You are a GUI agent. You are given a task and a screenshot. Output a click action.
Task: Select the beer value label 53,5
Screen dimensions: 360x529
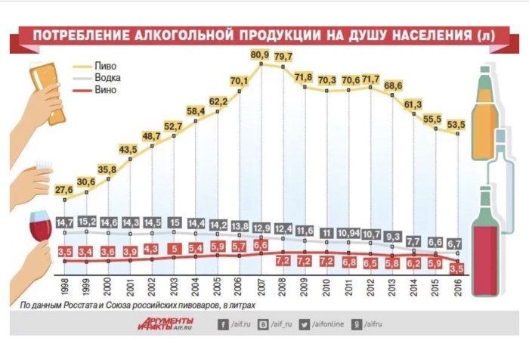tap(456, 124)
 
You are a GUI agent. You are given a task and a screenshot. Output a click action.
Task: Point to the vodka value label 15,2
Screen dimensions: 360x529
tap(87, 222)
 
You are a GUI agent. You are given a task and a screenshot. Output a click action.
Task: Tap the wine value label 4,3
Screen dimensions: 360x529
tap(152, 248)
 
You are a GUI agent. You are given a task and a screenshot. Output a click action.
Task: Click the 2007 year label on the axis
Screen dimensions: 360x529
tap(261, 289)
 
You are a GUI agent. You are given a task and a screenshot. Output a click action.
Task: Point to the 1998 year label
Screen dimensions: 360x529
tap(66, 289)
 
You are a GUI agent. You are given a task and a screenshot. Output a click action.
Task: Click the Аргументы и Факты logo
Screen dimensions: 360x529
tap(163, 324)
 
